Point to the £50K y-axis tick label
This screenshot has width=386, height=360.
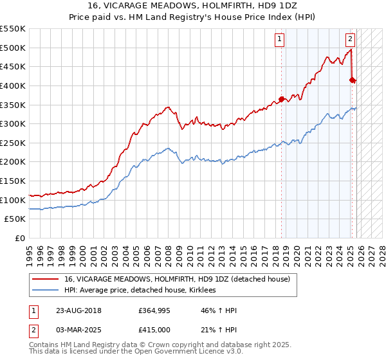15,219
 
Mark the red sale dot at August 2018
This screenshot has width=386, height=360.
282,99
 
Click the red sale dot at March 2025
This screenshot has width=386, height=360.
352,80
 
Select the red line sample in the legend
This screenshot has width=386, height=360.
46,279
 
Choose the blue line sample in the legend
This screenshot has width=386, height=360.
46,290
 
